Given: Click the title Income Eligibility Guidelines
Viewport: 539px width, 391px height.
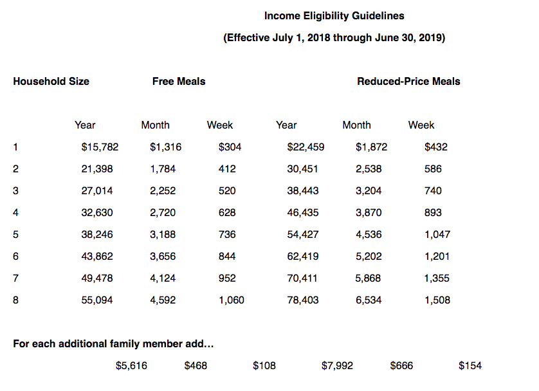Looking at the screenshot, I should point(334,15).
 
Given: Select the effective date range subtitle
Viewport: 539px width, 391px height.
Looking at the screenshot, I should point(334,37).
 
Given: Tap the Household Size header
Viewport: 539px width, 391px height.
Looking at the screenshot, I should point(51,81).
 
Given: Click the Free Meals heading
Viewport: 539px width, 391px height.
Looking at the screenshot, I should point(179,81).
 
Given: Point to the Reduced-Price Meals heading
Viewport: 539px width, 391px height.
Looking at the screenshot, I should point(408,81).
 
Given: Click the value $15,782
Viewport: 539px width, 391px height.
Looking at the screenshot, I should point(100,147).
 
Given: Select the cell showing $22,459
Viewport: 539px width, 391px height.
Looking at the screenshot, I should point(306,147).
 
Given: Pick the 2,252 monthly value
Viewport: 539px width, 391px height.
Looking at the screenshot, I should point(162,190).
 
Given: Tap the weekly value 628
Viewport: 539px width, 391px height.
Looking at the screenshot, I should point(227,212).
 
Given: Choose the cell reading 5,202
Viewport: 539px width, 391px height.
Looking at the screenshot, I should point(369,256).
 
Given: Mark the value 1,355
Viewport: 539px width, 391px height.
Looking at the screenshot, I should point(437,278).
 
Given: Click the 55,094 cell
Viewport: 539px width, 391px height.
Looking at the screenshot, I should point(96,300).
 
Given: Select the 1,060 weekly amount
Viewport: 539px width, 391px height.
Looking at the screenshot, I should point(232,300).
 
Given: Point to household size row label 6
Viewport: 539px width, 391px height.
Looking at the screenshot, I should point(15,256).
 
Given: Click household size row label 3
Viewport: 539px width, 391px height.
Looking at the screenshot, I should point(15,190).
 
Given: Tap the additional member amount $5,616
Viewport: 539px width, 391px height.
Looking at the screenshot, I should point(131,365).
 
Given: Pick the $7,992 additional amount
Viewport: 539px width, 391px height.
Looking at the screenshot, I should point(337,365).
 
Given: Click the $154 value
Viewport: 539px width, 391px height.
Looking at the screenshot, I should point(470,365).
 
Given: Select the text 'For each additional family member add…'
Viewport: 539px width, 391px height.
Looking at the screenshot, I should point(113,343).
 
